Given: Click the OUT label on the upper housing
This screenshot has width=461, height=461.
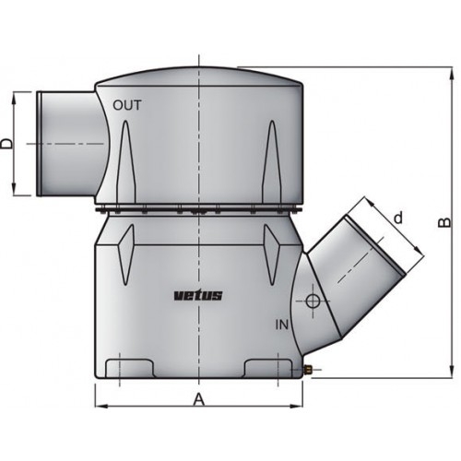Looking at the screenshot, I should pyautogui.click(x=127, y=105).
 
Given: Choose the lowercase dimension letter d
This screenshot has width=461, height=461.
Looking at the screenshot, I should pyautogui.click(x=397, y=219).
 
